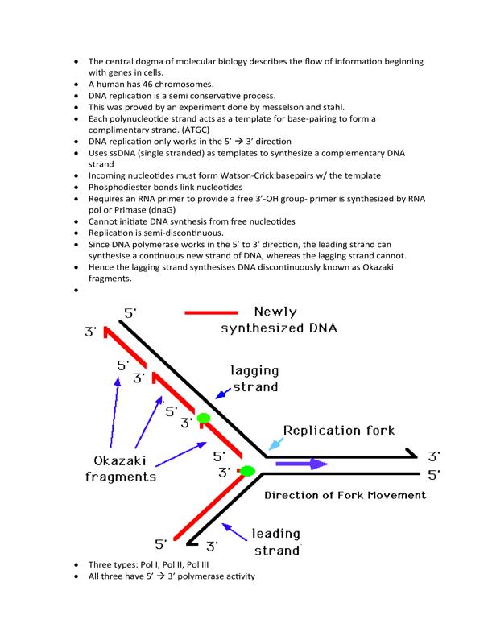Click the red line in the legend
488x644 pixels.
tap(211, 312)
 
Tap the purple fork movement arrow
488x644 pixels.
tap(302, 464)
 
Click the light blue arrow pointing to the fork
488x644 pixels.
tap(276, 444)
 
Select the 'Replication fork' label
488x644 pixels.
tap(339, 430)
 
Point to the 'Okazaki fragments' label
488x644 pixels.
tap(120, 469)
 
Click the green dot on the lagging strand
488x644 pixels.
tap(203, 418)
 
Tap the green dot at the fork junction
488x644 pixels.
tap(247, 471)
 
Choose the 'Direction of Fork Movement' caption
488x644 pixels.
tap(345, 495)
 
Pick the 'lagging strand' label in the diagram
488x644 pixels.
tap(254, 378)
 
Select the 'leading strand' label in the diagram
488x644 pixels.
tap(276, 542)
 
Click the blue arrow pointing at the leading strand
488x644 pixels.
tap(234, 532)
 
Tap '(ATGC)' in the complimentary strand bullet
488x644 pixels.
tap(196, 130)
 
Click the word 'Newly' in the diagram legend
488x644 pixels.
tap(275, 312)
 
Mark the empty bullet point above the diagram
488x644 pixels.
tap(76, 291)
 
